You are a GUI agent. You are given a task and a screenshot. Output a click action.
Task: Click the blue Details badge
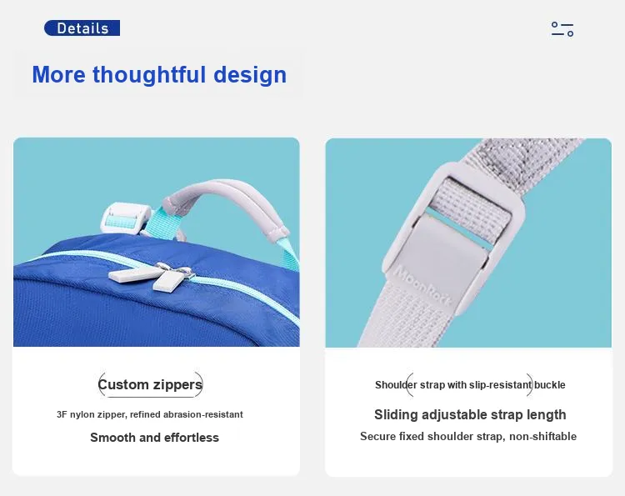coord(82,28)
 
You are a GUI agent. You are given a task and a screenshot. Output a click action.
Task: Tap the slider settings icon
coord(562,29)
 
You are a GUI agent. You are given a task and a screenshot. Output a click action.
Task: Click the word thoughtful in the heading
coord(149,74)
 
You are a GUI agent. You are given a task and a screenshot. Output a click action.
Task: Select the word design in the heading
coord(250,75)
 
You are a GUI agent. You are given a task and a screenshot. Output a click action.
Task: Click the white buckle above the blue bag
coord(126,218)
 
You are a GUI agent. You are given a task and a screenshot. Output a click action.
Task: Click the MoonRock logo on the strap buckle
coord(422,285)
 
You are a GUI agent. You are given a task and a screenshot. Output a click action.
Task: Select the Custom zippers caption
coord(150,384)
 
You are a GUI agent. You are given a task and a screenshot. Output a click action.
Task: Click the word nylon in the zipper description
coord(82,414)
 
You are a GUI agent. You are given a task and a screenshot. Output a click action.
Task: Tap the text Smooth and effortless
coord(154,438)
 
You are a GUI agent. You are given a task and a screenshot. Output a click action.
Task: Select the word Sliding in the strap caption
coord(396,414)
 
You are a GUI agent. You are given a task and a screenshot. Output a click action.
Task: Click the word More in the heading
coord(58,75)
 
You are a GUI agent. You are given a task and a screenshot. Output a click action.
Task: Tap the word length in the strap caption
coord(547,414)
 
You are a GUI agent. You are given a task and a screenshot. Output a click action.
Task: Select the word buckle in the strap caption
coord(550,385)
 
